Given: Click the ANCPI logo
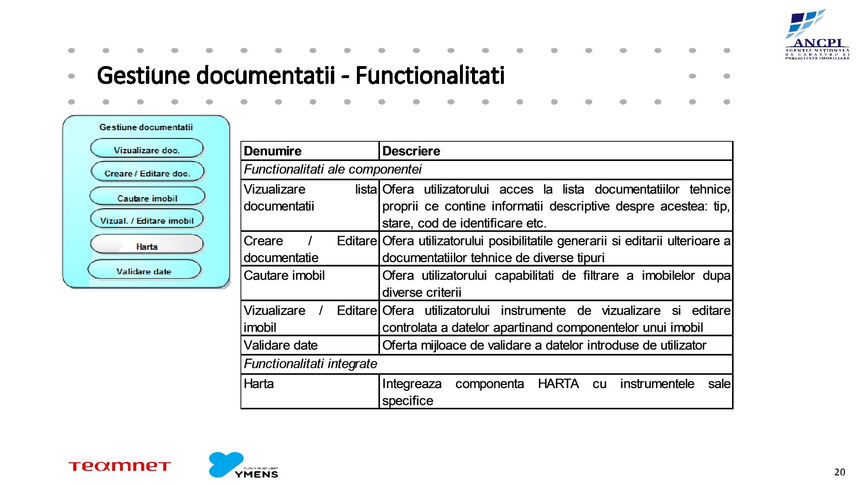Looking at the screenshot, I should (x=817, y=35).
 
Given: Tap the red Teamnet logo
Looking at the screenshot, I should (x=119, y=466).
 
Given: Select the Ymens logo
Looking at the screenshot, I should (x=243, y=465).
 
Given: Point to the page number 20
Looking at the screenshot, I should (x=840, y=472).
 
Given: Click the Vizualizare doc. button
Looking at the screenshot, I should (x=147, y=149).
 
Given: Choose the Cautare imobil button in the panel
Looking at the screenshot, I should (x=147, y=198).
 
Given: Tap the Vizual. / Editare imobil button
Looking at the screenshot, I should (x=147, y=220).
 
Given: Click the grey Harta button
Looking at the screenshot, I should (x=147, y=246).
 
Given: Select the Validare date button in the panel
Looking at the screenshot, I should (x=144, y=271).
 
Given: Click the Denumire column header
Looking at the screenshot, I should (x=273, y=151).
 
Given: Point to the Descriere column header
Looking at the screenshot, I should (x=411, y=151).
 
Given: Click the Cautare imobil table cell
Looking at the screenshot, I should (x=284, y=275).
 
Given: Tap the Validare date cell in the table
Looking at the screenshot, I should (x=281, y=345).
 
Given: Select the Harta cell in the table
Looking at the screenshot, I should (x=259, y=384).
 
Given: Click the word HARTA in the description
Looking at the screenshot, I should (x=558, y=384).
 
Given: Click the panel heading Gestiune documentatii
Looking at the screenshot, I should (x=146, y=127).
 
